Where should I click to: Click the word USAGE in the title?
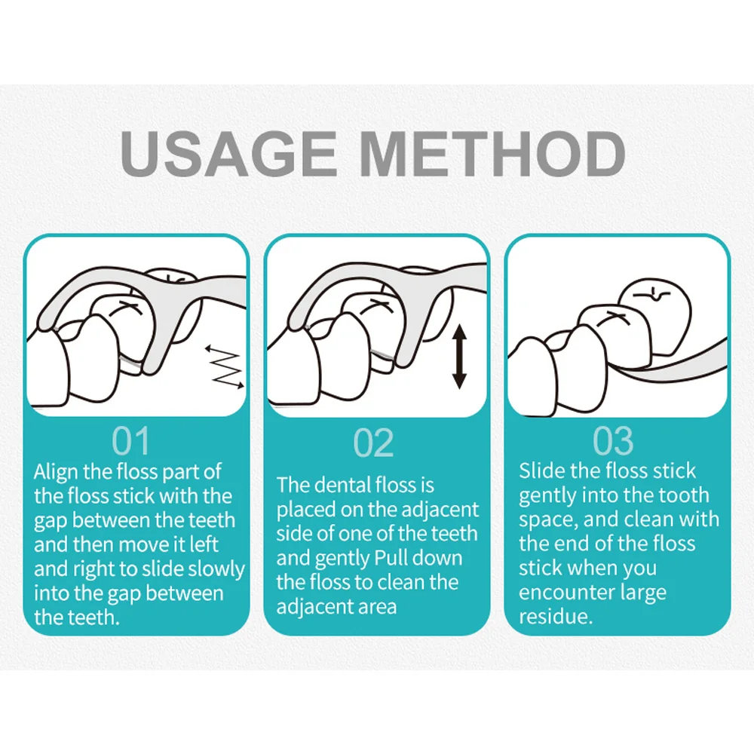coord(229,153)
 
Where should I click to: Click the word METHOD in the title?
coord(492,153)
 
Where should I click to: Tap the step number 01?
coord(130,440)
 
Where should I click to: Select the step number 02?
coord(374,443)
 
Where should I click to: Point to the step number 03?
coord(612,440)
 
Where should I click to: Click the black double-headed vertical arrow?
coord(460,357)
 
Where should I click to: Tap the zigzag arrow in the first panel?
coord(225,366)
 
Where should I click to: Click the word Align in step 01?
coord(56,473)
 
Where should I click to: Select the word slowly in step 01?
coord(216,569)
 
